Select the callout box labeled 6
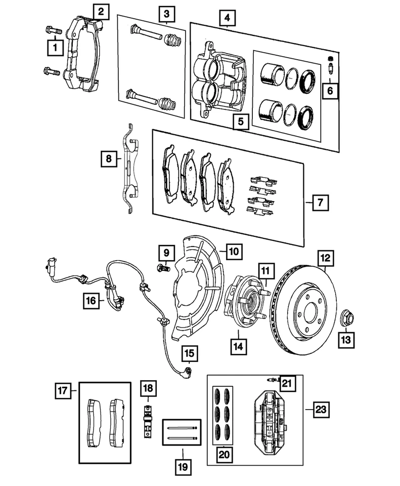click(330, 91)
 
